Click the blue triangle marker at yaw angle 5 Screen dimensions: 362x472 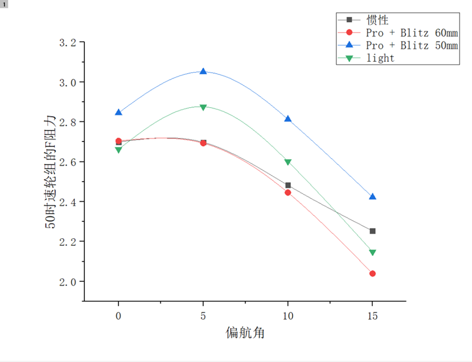click(204, 71)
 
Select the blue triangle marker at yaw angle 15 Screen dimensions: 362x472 click(372, 196)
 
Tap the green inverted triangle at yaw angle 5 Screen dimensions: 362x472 click(204, 107)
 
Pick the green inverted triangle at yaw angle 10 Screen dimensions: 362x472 click(288, 162)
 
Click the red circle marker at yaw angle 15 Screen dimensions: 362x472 click(372, 274)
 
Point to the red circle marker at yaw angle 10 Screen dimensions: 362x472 click(288, 192)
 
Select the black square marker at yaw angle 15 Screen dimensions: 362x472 click(372, 231)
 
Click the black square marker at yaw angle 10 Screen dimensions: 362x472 click(288, 185)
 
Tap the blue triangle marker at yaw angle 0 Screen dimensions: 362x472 click(119, 112)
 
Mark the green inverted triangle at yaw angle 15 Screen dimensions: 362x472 click(372, 252)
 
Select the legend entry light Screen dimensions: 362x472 click(380, 58)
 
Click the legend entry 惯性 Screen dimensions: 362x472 click(377, 20)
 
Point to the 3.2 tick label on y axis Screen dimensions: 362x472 click(68, 42)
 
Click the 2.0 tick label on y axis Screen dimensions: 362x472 click(68, 281)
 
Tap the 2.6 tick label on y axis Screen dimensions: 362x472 click(68, 162)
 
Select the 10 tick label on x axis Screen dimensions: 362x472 click(288, 316)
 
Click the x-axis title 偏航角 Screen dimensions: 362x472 click(245, 333)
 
